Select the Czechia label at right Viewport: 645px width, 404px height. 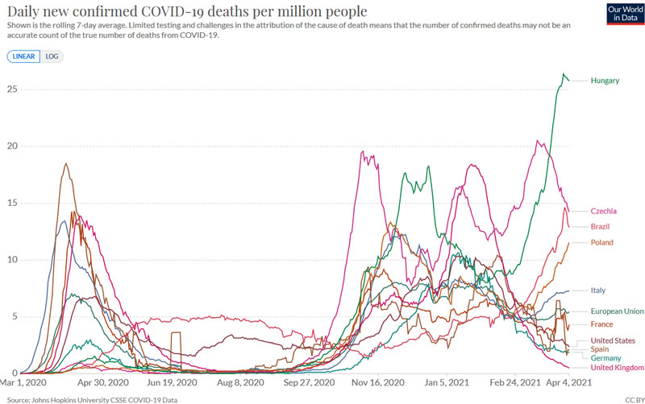(x=604, y=211)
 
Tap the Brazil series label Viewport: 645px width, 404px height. (x=601, y=226)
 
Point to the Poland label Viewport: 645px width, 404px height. (x=602, y=242)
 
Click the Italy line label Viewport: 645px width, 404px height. (x=598, y=290)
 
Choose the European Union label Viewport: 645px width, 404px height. (x=618, y=311)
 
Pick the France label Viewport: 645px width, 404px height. (x=602, y=324)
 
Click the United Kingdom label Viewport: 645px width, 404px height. (x=618, y=368)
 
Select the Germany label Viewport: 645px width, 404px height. (x=606, y=358)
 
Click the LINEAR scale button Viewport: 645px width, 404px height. (x=22, y=56)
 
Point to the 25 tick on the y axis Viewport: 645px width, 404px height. (x=11, y=89)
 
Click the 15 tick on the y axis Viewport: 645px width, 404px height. (x=11, y=203)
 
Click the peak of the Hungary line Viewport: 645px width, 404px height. (x=564, y=74)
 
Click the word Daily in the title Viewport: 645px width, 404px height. (x=23, y=12)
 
